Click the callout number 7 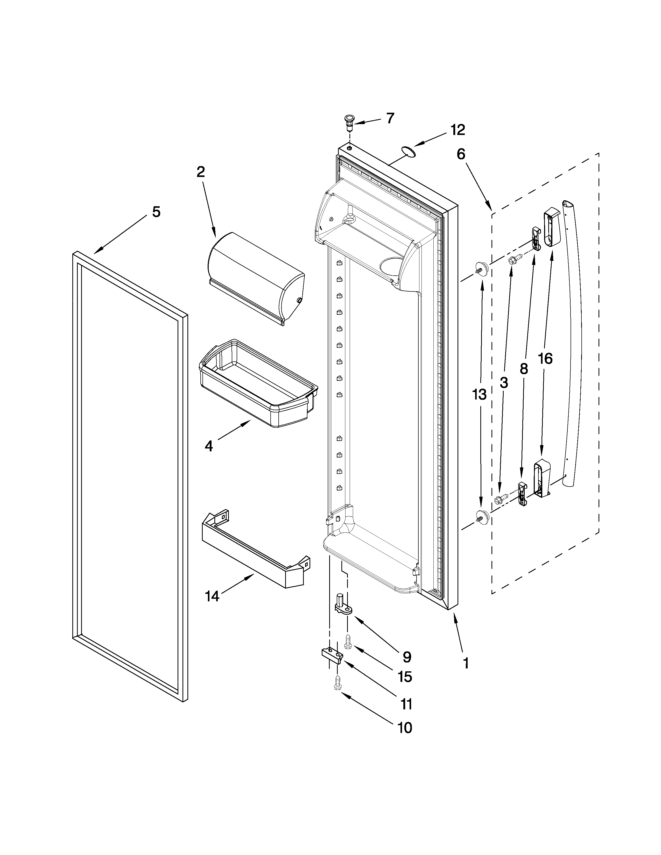390,118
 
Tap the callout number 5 156,212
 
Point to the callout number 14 212,596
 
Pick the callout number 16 545,358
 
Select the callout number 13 479,395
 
